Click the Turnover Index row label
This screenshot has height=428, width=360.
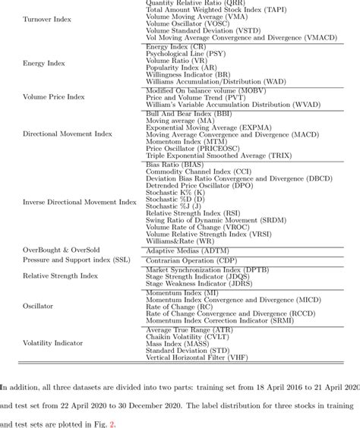(x=47, y=18)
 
